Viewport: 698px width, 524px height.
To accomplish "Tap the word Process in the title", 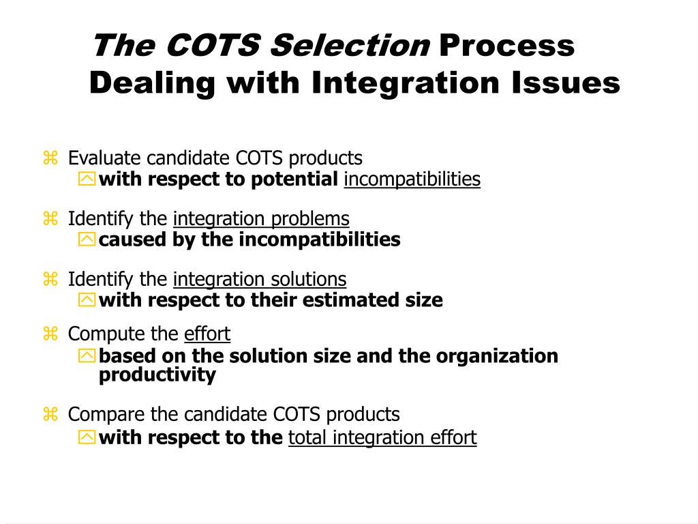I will point(507,47).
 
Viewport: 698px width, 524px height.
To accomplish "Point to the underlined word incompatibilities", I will point(412,179).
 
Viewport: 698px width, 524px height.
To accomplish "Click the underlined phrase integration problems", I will point(261,219).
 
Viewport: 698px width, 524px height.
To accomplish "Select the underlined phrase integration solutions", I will point(260,280).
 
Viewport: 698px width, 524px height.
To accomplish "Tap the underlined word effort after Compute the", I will point(207,334).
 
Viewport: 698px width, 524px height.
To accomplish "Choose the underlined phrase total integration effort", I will point(382,437).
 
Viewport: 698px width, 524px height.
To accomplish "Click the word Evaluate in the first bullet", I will point(105,158).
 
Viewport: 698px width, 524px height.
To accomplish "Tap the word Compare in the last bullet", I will point(102,414).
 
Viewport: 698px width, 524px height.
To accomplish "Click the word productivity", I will point(157,375).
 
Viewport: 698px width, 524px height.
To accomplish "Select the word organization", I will point(497,356).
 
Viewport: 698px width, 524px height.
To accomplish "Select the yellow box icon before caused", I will point(87,240).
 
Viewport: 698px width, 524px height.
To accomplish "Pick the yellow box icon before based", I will point(87,356).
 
